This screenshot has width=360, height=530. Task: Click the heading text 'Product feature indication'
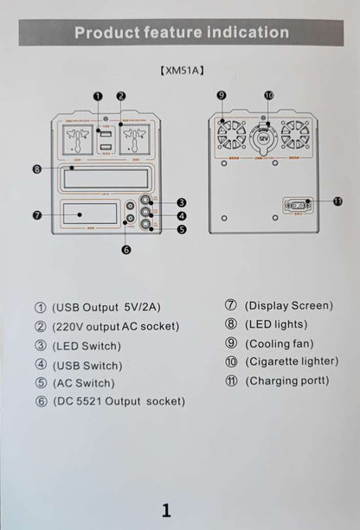[181, 33]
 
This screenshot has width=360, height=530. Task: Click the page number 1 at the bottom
[166, 508]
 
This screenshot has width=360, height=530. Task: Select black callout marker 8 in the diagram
[36, 169]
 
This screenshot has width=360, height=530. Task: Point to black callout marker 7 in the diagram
[36, 214]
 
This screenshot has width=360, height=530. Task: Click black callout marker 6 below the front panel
[125, 250]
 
